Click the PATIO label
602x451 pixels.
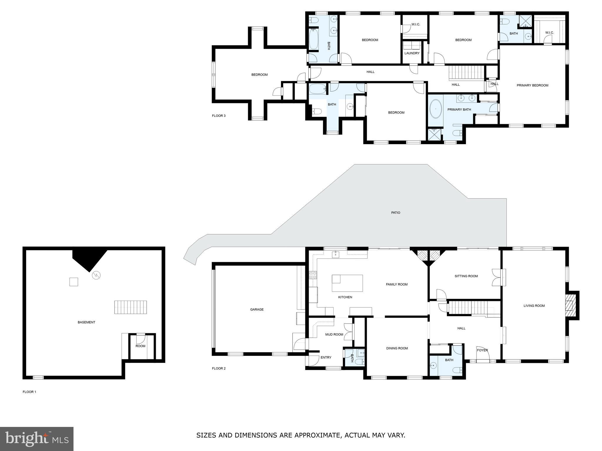(395, 213)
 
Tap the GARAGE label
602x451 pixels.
(257, 309)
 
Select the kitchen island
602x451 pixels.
(347, 283)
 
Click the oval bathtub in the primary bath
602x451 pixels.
(436, 109)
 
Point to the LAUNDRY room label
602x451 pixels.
(412, 53)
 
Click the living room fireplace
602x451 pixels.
(570, 305)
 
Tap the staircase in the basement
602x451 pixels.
(130, 307)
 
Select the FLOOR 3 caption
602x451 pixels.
(219, 116)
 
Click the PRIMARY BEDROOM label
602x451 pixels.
(532, 85)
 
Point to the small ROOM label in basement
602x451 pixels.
(140, 346)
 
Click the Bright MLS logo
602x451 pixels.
(37, 439)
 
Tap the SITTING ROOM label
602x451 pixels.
(466, 276)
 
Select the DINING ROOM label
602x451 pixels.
(397, 348)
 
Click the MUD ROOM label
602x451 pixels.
(334, 334)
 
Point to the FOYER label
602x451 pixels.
(482, 350)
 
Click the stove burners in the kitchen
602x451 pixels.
(313, 275)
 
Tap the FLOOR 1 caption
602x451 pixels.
(29, 392)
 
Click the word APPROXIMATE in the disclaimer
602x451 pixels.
(317, 435)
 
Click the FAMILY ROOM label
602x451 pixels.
(397, 284)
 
